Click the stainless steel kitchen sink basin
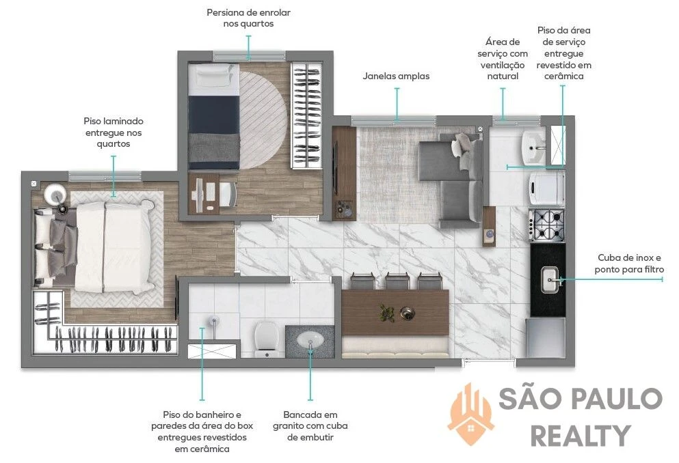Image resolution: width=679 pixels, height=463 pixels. coord(550,280)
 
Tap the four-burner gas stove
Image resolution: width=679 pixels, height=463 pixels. coord(547,225)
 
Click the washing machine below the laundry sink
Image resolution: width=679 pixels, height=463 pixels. coord(546,188)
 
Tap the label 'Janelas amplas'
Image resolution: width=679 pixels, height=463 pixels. coord(396,76)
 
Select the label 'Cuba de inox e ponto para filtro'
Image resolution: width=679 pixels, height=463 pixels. coord(629,264)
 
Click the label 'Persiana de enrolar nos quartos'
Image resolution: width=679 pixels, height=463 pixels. coord(249,18)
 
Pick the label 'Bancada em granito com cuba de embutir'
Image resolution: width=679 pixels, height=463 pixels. coord(310,426)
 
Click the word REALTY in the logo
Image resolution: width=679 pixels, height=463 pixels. coord(581,435)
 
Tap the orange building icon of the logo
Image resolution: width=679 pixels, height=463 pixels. coord(470,414)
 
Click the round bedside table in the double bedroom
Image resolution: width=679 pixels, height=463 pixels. coord(55,194)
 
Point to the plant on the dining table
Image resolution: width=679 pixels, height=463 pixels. coord(386,312)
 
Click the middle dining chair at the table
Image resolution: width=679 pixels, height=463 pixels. coord(397,281)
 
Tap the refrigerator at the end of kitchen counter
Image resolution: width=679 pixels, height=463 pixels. coord(545,337)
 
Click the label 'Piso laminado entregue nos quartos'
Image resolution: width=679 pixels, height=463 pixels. coord(114,132)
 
